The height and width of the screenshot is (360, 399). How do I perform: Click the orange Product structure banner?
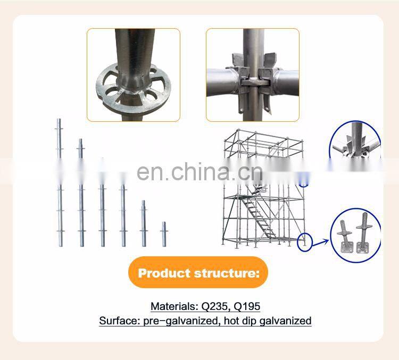point(198,272)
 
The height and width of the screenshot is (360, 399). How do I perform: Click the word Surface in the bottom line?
point(119,321)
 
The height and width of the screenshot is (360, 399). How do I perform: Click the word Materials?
point(174,306)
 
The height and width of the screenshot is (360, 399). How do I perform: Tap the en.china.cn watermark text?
point(199,171)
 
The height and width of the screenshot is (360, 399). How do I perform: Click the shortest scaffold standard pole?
point(164,234)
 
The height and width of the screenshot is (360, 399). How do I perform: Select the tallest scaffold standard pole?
point(60,183)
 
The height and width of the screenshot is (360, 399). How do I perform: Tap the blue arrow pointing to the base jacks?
point(320,242)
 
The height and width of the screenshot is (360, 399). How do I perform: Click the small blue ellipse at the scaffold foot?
point(305,242)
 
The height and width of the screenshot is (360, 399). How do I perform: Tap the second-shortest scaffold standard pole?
point(144,223)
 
